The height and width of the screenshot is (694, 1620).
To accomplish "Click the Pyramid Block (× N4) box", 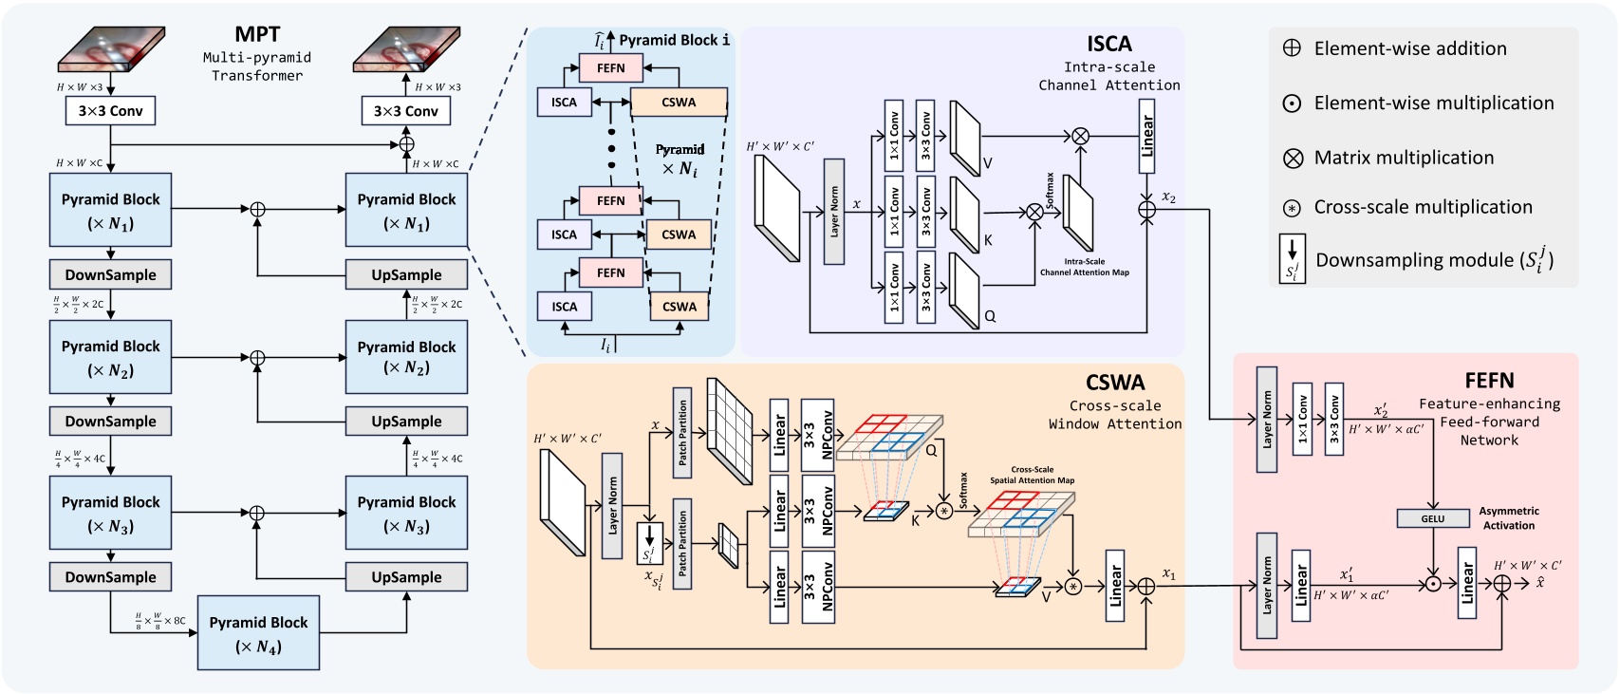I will pyautogui.click(x=258, y=633).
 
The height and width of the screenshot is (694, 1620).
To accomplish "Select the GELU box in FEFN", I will pyautogui.click(x=1432, y=518).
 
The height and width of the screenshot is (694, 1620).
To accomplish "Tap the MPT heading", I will pyautogui.click(x=257, y=34).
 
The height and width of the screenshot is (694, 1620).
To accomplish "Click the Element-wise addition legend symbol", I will pyautogui.click(x=1292, y=48).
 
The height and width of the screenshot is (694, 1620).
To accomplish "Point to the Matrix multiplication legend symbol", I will pyautogui.click(x=1293, y=159).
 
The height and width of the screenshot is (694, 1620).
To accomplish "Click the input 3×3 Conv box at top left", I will pyautogui.click(x=111, y=111).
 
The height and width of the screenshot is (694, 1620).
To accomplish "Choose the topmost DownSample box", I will pyautogui.click(x=111, y=274).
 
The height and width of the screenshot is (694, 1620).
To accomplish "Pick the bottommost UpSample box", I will pyautogui.click(x=406, y=577).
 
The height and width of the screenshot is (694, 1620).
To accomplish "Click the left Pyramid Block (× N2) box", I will pyautogui.click(x=111, y=357).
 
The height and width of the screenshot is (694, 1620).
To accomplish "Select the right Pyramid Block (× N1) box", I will pyautogui.click(x=406, y=210).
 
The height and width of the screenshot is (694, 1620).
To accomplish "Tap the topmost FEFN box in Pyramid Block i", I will pyautogui.click(x=610, y=68).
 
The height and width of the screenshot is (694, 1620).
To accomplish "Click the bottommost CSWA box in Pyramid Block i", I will pyautogui.click(x=679, y=307).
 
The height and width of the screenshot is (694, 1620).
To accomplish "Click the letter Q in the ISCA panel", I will pyautogui.click(x=990, y=316).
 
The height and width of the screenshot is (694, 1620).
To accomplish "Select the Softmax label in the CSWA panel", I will pyautogui.click(x=963, y=491).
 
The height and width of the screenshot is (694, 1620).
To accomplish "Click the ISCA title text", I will pyautogui.click(x=1108, y=44).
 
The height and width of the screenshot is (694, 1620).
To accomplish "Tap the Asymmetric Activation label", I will pyautogui.click(x=1508, y=518).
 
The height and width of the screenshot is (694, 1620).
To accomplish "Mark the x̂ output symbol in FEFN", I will pyautogui.click(x=1540, y=582).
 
